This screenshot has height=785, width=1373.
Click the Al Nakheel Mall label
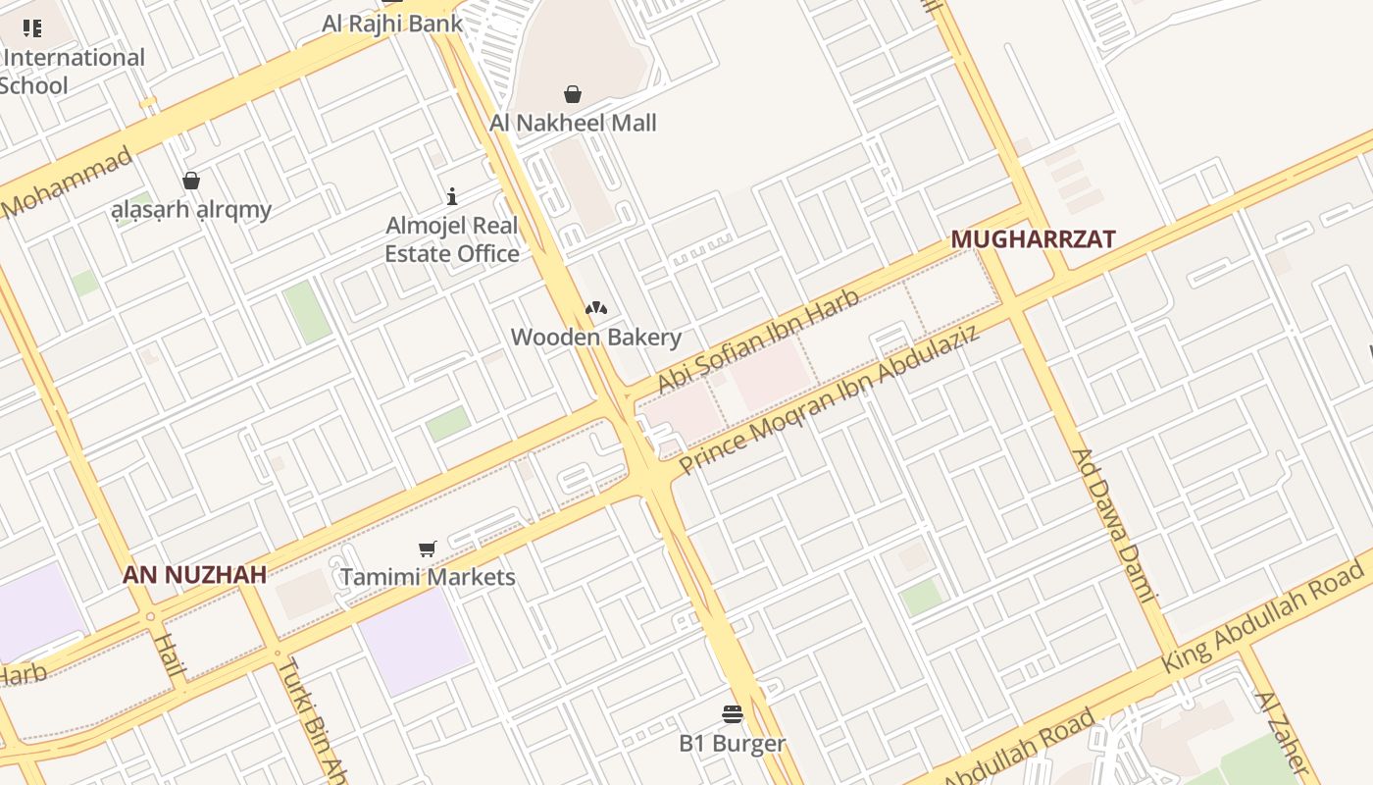pyautogui.click(x=573, y=123)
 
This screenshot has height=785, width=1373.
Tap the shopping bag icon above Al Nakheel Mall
pyautogui.click(x=573, y=94)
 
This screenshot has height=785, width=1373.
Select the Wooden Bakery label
pyautogui.click(x=596, y=338)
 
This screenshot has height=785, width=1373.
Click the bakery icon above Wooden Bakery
pyautogui.click(x=596, y=308)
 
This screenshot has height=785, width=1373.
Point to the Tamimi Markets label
pyautogui.click(x=428, y=576)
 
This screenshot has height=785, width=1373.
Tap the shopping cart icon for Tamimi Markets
pyautogui.click(x=427, y=549)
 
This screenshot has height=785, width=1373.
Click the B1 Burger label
pyautogui.click(x=733, y=743)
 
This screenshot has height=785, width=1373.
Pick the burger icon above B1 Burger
pyautogui.click(x=733, y=713)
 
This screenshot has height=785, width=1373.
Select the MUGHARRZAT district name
pyautogui.click(x=1034, y=238)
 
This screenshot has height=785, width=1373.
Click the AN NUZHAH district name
pyautogui.click(x=194, y=575)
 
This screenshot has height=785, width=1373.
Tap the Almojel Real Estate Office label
pyautogui.click(x=452, y=239)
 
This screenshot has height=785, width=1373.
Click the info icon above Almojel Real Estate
pyautogui.click(x=452, y=196)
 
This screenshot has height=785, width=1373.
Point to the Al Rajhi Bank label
pyautogui.click(x=392, y=23)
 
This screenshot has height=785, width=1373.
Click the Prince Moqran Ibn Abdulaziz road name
pyautogui.click(x=830, y=399)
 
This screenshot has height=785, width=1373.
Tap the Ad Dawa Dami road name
pyautogui.click(x=1116, y=525)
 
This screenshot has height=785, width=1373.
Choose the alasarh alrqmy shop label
pyautogui.click(x=191, y=209)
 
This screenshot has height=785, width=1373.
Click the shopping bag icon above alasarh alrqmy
pyautogui.click(x=191, y=181)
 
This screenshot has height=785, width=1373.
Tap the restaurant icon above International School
pyautogui.click(x=32, y=27)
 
